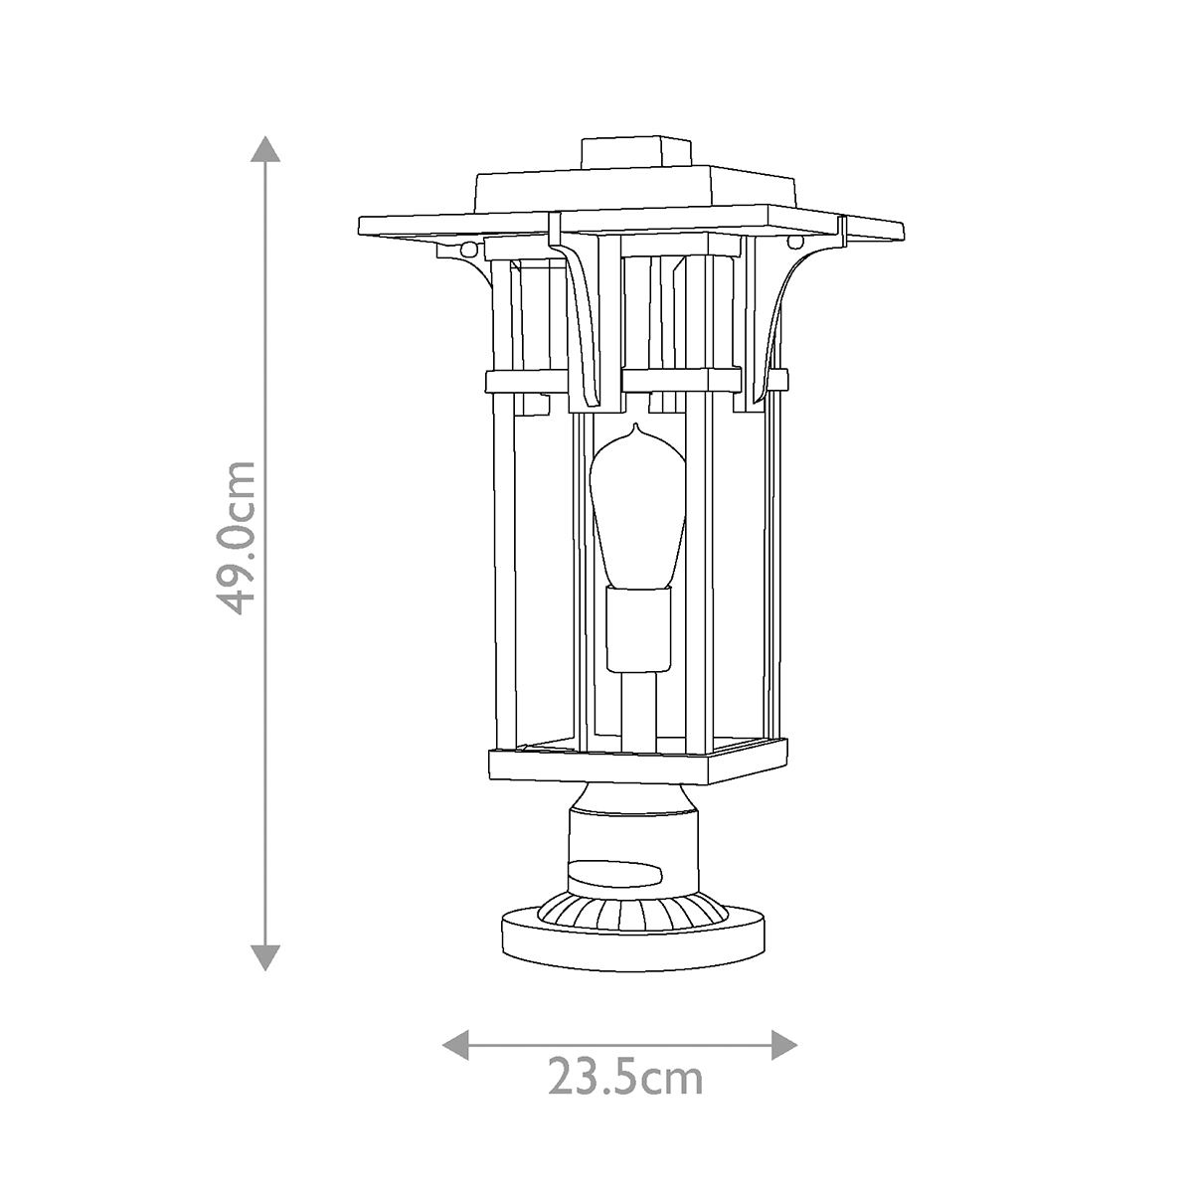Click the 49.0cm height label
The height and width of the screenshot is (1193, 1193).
coord(237,538)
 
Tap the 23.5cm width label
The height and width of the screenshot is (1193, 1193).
coord(625,1077)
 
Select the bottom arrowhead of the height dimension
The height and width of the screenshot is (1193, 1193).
coord(264,956)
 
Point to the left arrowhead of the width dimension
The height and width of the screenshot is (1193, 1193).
coord(455,1044)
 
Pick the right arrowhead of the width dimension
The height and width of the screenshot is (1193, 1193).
coord(785,1044)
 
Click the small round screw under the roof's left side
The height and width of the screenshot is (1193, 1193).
coord(469,245)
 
